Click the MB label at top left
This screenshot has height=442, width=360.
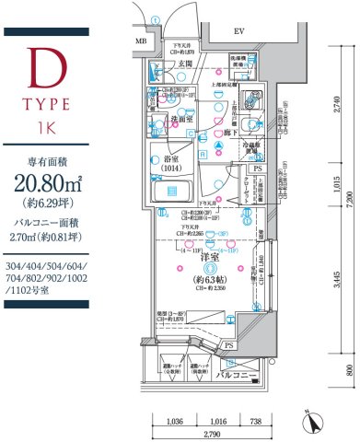[141, 41]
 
